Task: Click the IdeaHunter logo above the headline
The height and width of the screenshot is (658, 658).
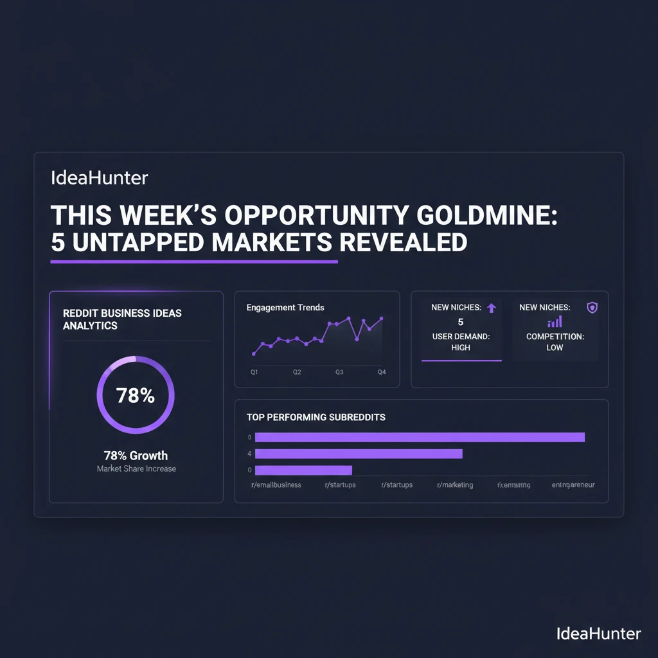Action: pyautogui.click(x=99, y=177)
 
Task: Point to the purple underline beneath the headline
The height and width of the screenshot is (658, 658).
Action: pyautogui.click(x=193, y=262)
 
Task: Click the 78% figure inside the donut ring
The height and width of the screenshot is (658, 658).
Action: pyautogui.click(x=136, y=396)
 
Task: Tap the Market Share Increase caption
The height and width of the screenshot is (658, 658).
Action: pyautogui.click(x=136, y=469)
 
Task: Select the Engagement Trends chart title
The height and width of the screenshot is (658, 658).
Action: pyautogui.click(x=285, y=308)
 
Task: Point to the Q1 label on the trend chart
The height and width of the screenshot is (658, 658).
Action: pyautogui.click(x=254, y=372)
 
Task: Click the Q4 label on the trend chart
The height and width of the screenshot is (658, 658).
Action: pyautogui.click(x=382, y=372)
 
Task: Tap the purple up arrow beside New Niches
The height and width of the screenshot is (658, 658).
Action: pyautogui.click(x=492, y=308)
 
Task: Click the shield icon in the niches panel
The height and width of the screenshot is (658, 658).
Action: pyautogui.click(x=592, y=308)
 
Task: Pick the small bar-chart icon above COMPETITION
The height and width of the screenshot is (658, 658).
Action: pyautogui.click(x=555, y=321)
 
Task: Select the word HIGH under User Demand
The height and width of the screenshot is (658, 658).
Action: pyautogui.click(x=461, y=348)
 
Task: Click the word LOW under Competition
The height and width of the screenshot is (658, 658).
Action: pyautogui.click(x=555, y=348)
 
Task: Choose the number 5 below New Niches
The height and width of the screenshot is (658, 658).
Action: pyautogui.click(x=461, y=322)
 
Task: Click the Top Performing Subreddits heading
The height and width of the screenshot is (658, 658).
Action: pyautogui.click(x=316, y=417)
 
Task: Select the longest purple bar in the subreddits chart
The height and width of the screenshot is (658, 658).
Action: pyautogui.click(x=420, y=438)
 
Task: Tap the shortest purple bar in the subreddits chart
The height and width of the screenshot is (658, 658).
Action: pyautogui.click(x=303, y=470)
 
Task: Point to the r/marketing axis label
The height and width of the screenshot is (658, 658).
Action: pyautogui.click(x=455, y=485)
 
